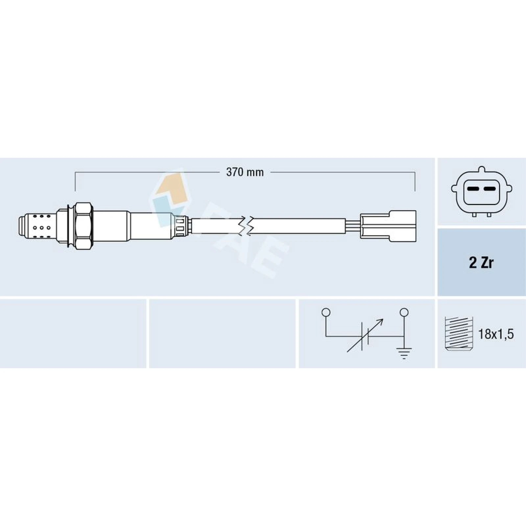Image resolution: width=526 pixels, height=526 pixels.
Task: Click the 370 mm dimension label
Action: coord(245,172)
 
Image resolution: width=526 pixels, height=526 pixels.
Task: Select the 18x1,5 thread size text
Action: coord(496,334)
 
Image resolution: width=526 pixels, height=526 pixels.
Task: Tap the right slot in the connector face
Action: coord(490,189)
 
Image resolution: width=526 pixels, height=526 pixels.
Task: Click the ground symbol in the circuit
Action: coord(404,354)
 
